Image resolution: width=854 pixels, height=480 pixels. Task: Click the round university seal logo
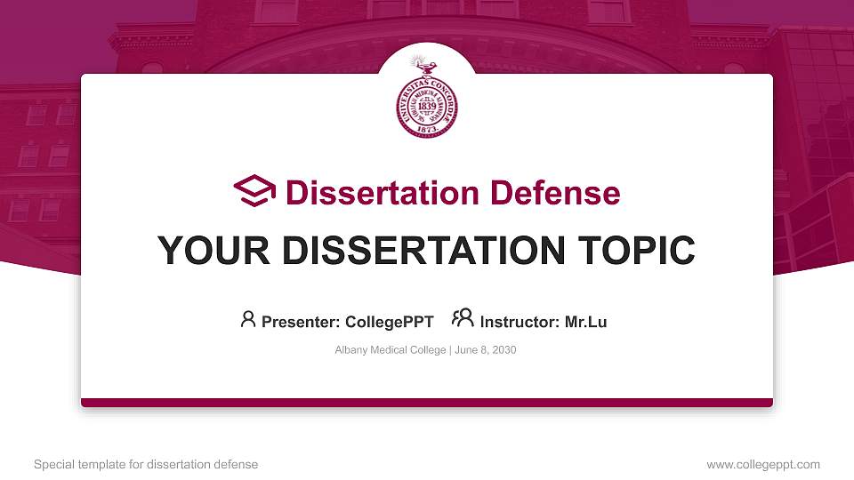pos(426,104)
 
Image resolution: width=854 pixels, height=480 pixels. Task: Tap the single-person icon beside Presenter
pos(248,319)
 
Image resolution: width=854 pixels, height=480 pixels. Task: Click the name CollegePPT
pos(388,322)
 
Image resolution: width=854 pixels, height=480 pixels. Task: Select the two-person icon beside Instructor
pos(463,319)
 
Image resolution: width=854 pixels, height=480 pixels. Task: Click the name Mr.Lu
pos(585,322)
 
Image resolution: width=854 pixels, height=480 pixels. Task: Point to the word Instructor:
pos(520,322)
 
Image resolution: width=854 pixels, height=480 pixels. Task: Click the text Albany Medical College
pos(391,350)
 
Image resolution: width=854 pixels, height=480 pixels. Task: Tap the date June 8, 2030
pos(486,350)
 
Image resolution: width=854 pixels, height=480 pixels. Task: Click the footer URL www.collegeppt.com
pos(763,464)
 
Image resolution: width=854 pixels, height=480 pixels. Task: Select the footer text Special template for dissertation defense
pos(146,464)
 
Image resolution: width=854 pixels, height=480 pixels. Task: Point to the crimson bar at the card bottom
pos(427,403)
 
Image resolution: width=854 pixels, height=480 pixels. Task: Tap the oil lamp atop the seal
pos(419,65)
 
